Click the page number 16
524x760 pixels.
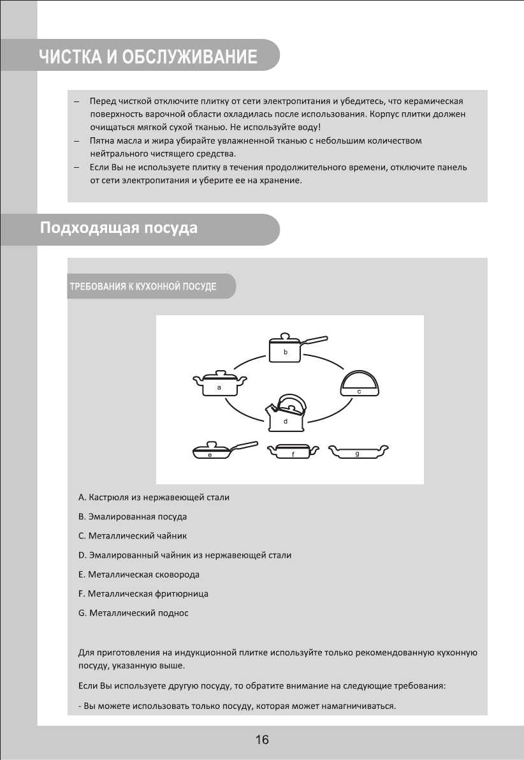coord(262,740)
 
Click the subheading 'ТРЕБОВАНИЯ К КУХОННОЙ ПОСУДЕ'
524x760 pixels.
coord(143,287)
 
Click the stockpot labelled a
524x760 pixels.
coord(219,385)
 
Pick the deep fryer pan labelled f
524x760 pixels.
coord(293,452)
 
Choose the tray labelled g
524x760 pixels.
coord(357,452)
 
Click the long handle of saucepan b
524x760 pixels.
coord(315,340)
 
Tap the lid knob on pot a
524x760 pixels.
coord(220,371)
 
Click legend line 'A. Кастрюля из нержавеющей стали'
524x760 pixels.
coord(154,497)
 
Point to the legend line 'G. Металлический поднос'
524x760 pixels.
coord(133,613)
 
